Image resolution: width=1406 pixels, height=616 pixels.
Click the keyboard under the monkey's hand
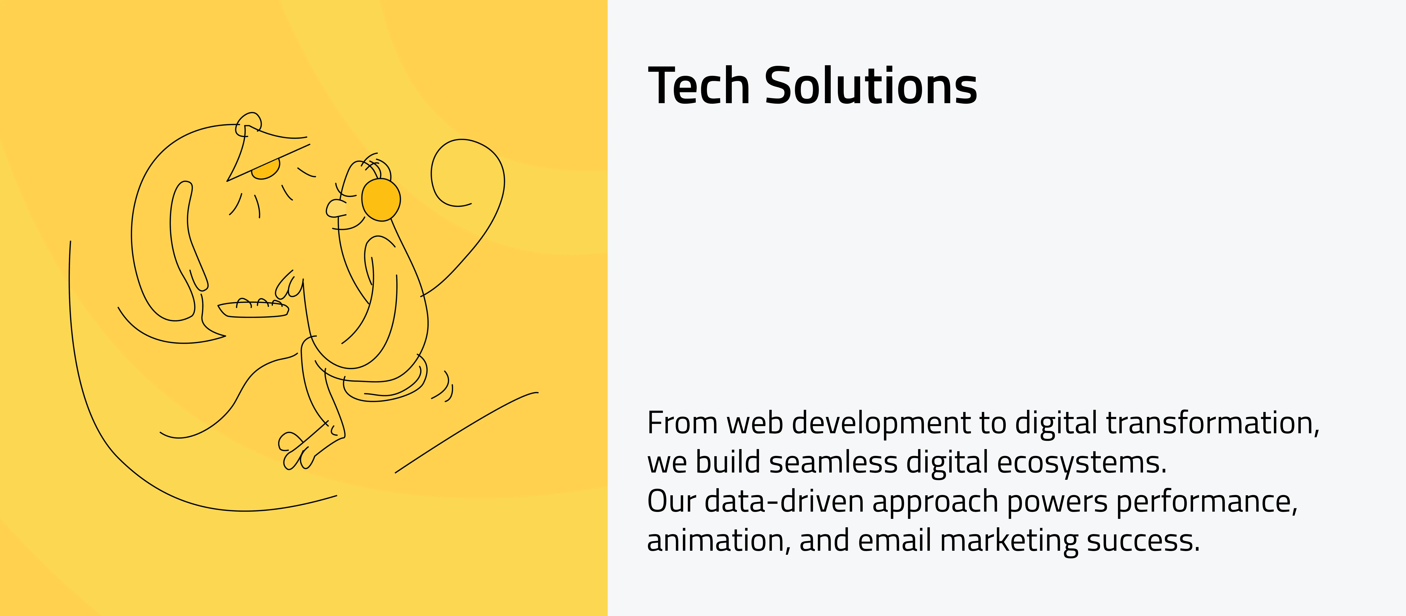tap(253, 309)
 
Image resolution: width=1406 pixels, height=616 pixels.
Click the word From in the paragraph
tap(682, 423)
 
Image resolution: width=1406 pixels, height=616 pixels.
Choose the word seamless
tap(833, 463)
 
